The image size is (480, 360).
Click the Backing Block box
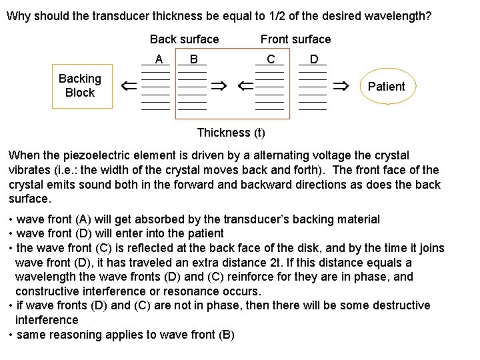click(79, 86)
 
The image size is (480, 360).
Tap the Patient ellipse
click(386, 87)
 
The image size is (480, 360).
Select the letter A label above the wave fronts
click(159, 59)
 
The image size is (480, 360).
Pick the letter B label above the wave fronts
click(193, 59)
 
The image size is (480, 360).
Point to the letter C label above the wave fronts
click(270, 59)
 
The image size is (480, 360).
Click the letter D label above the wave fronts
click(313, 59)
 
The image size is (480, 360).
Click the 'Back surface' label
click(184, 39)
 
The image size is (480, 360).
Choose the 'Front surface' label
click(295, 39)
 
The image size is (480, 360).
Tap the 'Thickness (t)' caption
click(231, 132)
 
